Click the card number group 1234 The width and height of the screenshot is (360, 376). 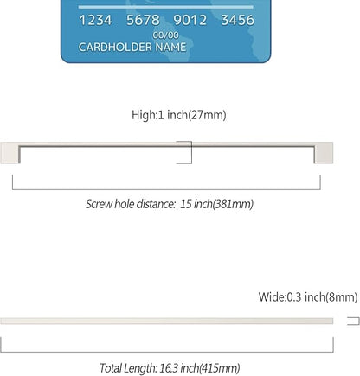[95, 20]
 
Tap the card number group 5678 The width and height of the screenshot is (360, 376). [143, 20]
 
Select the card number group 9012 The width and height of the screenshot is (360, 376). [190, 20]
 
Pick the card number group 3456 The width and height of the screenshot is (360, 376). [238, 20]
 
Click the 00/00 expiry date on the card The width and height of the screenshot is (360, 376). [165, 35]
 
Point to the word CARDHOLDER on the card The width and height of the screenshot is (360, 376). [115, 47]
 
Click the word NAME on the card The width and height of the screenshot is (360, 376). [170, 47]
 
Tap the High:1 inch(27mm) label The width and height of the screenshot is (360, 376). [179, 115]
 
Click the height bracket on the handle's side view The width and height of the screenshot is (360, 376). [191, 152]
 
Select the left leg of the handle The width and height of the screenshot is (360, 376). [10, 153]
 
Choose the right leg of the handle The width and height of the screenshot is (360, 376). [324, 153]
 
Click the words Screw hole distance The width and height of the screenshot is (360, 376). [131, 204]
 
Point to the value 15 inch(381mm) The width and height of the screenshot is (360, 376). [217, 204]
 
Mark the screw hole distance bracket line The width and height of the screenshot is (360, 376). [166, 189]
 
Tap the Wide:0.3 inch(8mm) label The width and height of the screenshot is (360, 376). [308, 297]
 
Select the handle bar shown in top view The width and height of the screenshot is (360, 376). [166, 321]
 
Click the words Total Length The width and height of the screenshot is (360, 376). [128, 368]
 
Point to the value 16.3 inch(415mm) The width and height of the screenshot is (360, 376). [200, 368]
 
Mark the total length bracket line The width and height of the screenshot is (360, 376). [167, 352]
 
